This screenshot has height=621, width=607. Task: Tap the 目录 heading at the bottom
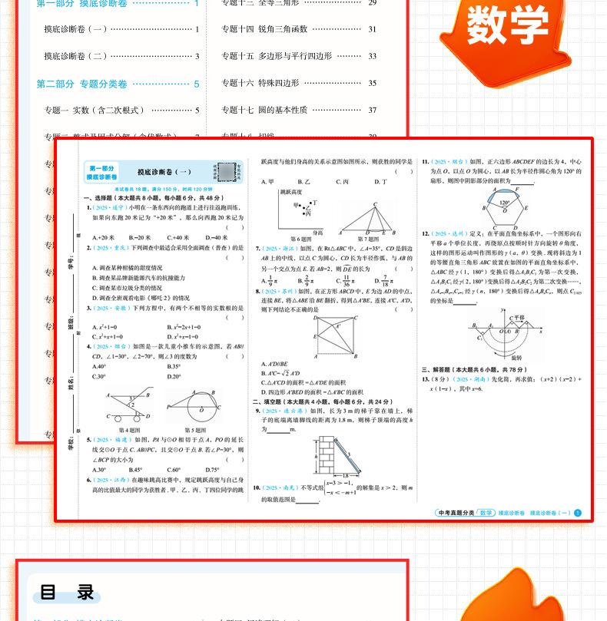68,592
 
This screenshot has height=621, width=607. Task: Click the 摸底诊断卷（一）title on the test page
164,173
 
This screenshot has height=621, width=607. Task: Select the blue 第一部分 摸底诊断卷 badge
101,173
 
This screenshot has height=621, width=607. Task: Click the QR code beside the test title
225,171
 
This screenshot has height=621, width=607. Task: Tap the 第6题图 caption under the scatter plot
291,238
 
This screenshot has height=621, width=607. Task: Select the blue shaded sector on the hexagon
503,190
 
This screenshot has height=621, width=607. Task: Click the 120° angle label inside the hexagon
503,204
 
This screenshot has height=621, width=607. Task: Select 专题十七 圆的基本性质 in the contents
264,110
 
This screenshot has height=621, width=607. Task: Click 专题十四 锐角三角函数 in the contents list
264,29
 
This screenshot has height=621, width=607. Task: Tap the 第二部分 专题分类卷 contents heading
82,84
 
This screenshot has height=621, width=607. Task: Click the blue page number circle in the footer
579,513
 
